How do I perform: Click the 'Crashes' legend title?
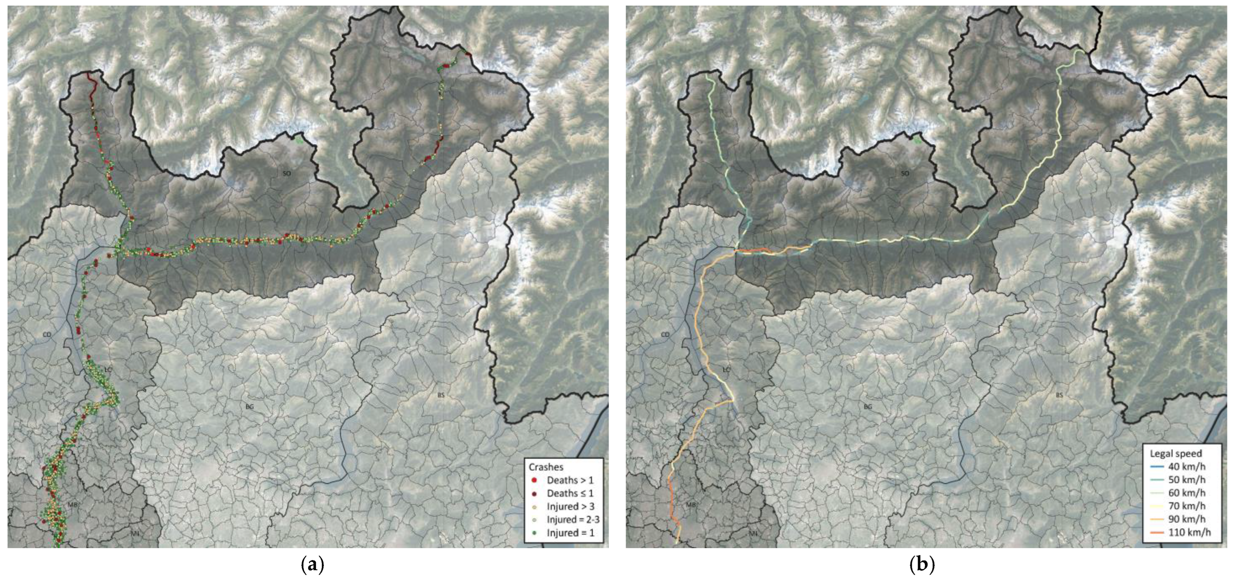point(546,467)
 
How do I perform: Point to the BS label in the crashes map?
point(441,395)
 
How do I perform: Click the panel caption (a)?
point(313,565)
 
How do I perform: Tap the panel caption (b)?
point(922,565)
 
